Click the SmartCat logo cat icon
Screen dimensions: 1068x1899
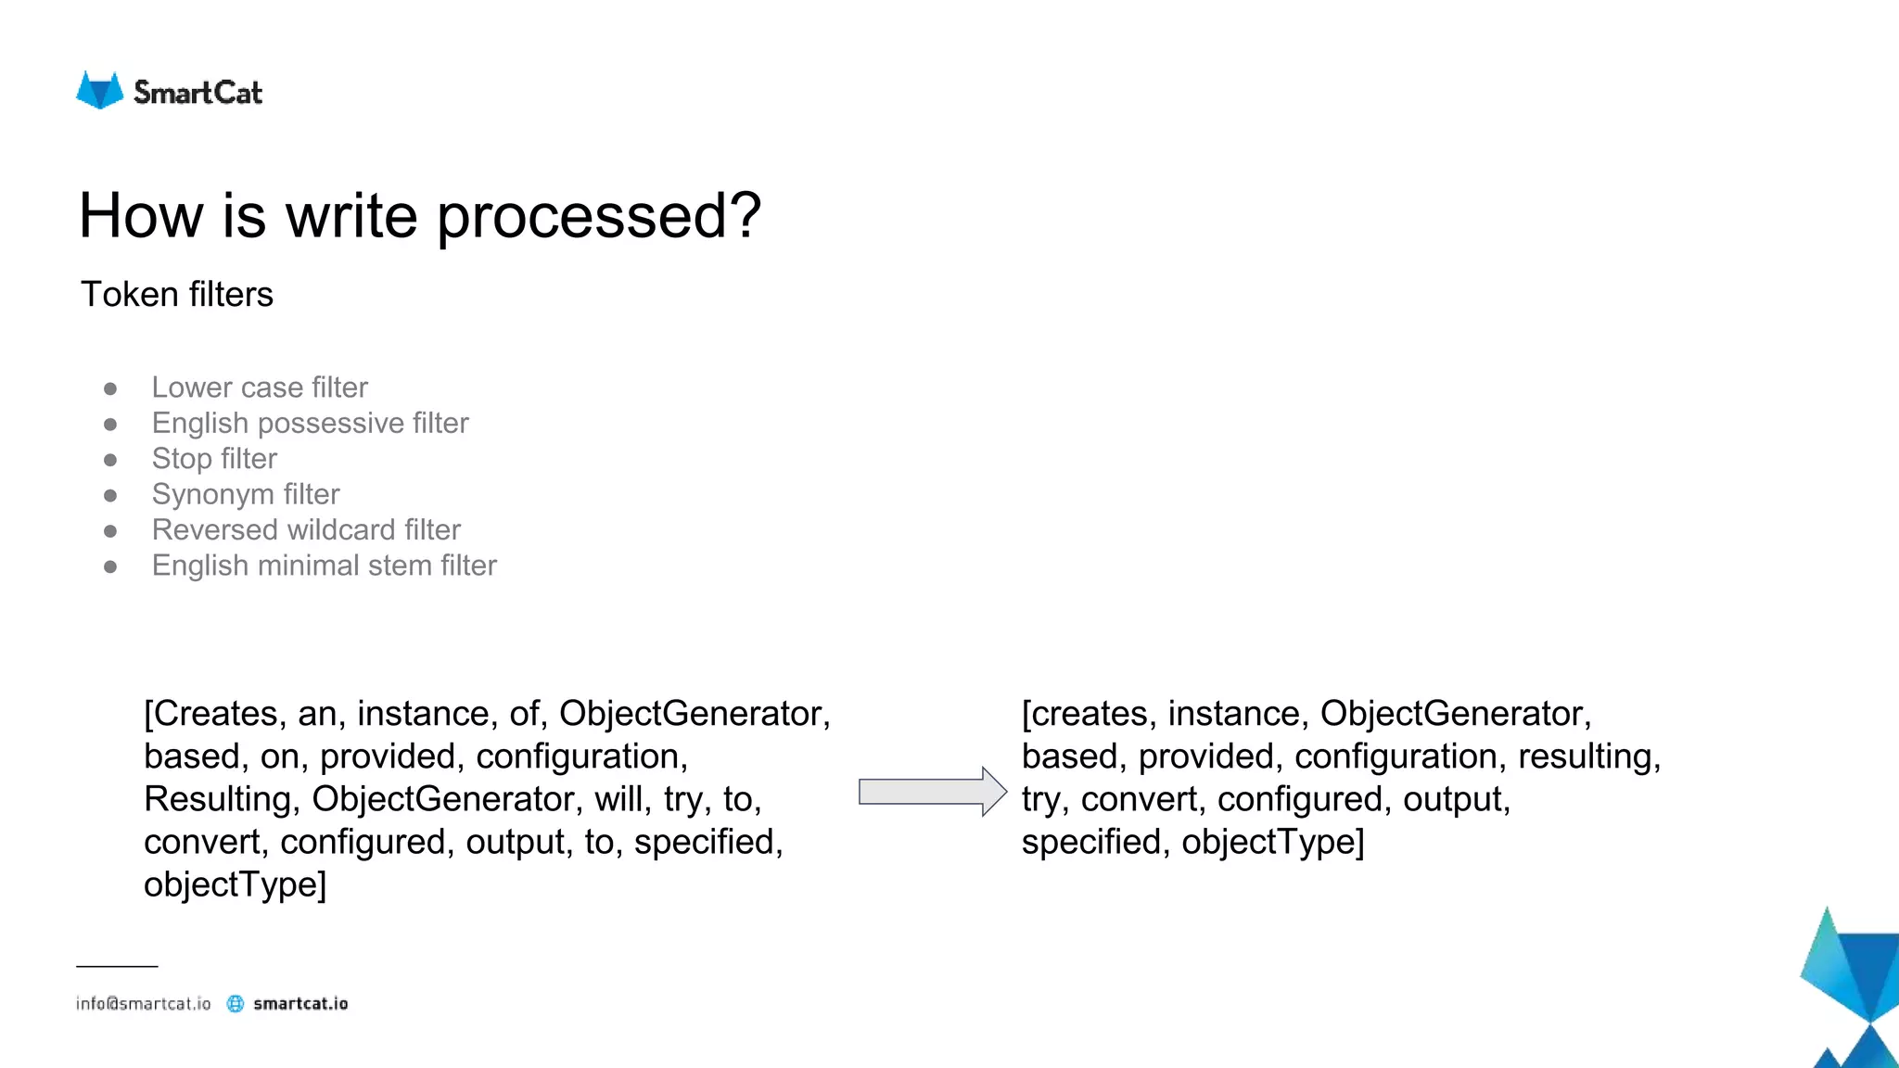99,91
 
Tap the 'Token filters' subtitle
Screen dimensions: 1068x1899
177,295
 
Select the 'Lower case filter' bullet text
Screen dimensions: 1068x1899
260,388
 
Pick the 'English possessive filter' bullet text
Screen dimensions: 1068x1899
310,423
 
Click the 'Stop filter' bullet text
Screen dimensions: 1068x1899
214,459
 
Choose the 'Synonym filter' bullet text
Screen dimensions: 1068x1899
246,494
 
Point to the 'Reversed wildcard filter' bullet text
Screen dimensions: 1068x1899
306,529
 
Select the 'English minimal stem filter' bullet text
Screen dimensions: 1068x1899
324,566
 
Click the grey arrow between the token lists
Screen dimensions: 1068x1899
932,792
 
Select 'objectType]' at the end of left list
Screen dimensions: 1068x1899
235,884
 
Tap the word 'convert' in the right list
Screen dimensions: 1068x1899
1141,799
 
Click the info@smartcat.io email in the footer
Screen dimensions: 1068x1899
144,1004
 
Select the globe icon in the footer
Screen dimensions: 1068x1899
236,1004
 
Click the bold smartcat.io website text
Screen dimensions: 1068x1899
300,1004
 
